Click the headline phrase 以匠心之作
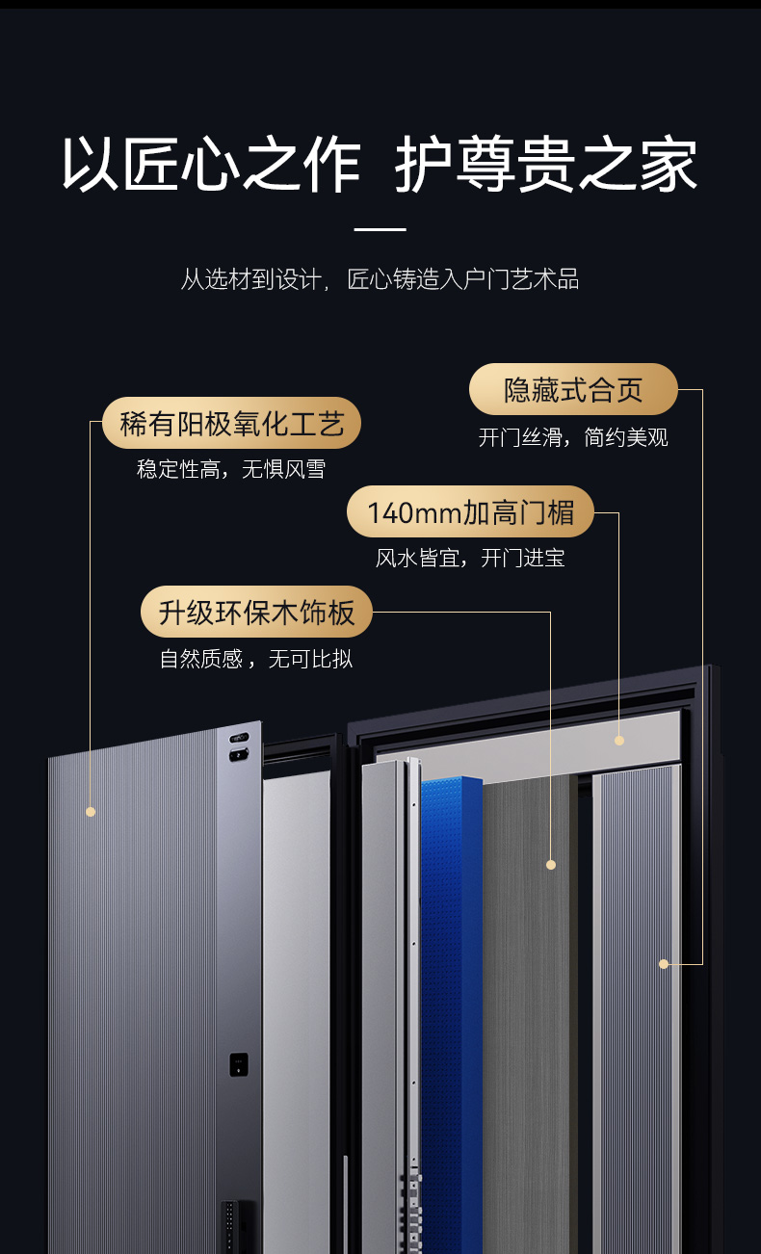[211, 165]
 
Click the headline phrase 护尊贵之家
[546, 165]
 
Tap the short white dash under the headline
[380, 230]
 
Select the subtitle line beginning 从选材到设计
[380, 280]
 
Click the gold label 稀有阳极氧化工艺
[231, 423]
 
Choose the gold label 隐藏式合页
[573, 389]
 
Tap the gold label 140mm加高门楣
[470, 511]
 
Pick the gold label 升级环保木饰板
[256, 612]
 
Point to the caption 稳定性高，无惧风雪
[231, 470]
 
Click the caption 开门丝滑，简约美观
[573, 437]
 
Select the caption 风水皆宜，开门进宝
[470, 558]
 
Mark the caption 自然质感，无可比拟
[256, 660]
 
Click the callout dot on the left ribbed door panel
[91, 812]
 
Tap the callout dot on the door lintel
[619, 741]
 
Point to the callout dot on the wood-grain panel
[551, 865]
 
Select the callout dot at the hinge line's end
[664, 964]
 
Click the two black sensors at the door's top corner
[239, 747]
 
